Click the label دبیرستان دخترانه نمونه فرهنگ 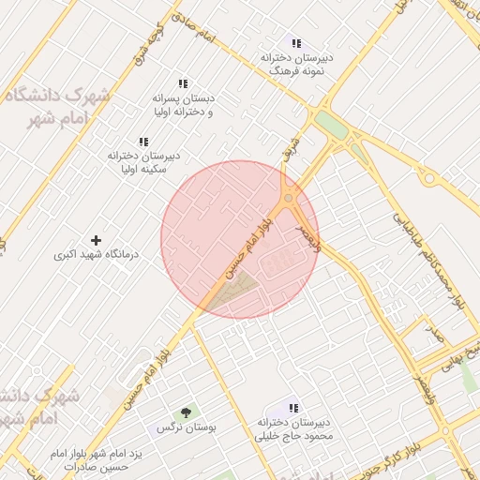[x=297, y=64]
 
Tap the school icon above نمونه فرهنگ [x=296, y=43]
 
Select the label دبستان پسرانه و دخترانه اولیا [x=183, y=104]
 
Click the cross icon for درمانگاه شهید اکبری [x=96, y=241]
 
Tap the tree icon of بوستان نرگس [x=185, y=412]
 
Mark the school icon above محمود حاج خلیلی [x=293, y=409]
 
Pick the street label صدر [x=434, y=331]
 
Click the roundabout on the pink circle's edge [x=289, y=199]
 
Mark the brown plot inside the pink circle [x=234, y=292]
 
